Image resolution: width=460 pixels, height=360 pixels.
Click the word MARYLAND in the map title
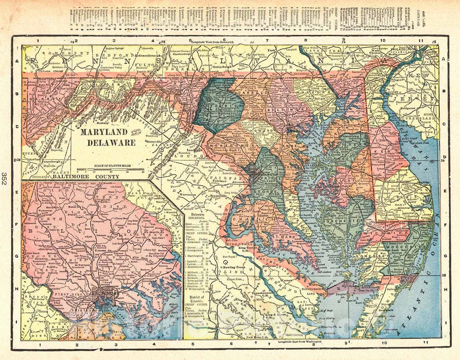point(104,132)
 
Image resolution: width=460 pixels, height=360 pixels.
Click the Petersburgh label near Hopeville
point(53,162)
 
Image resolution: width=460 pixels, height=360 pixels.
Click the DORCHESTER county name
point(343,220)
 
